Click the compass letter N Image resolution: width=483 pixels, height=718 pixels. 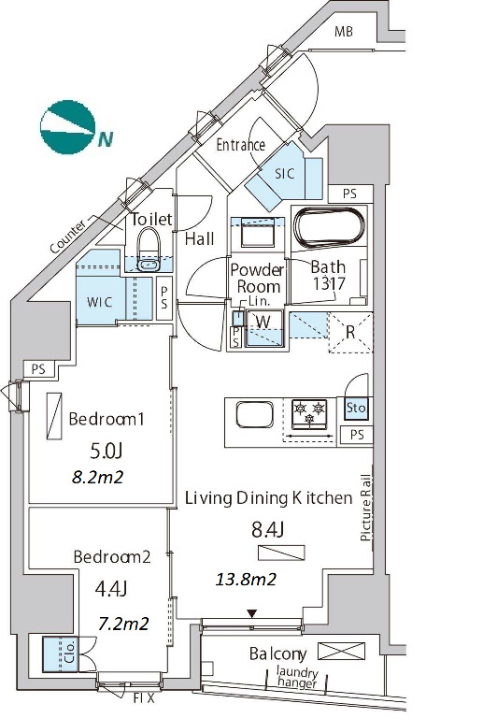pos(106,139)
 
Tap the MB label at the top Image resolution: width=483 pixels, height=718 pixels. pos(344,32)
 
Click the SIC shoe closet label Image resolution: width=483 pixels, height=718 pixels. pos(285,174)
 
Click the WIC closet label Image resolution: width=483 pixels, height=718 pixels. pos(100,302)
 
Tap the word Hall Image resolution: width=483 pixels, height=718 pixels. pos(199,238)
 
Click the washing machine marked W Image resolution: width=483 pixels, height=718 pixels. pos(263,328)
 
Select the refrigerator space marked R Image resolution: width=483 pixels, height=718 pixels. pos(350,333)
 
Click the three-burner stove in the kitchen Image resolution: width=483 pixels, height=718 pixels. pos(310,413)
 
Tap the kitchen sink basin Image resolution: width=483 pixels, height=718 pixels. pos(255,415)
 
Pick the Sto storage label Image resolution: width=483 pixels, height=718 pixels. pos(356,407)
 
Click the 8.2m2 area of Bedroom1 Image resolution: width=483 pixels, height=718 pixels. pos(98,477)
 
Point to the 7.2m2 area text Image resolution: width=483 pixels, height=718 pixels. pos(123,624)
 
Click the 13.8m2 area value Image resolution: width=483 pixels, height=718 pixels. pos(246,580)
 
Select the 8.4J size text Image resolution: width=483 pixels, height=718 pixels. pos(268,530)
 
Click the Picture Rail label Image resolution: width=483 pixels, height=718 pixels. pos(366,508)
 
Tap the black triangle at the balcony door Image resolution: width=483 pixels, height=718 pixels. pos(252,613)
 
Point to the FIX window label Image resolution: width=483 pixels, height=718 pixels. pos(144,698)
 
